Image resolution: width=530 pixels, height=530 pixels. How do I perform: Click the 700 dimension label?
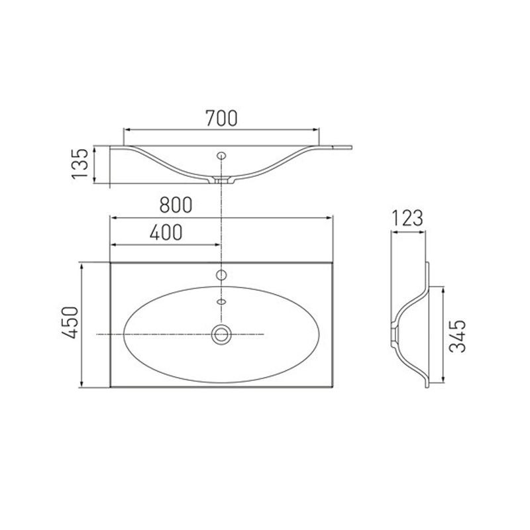(x=221, y=118)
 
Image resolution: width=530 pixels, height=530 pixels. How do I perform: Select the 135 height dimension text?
(x=79, y=163)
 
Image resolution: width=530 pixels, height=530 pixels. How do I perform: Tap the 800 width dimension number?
(x=176, y=205)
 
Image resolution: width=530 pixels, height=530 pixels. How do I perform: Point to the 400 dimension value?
(x=166, y=232)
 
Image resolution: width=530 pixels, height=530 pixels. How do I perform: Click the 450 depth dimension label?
(x=70, y=323)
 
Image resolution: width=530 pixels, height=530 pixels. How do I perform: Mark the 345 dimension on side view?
(x=458, y=336)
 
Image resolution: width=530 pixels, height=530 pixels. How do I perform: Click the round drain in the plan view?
(x=221, y=335)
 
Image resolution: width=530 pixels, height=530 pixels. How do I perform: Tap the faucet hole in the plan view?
(x=221, y=275)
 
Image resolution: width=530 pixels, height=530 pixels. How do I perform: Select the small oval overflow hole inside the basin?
(x=221, y=301)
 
